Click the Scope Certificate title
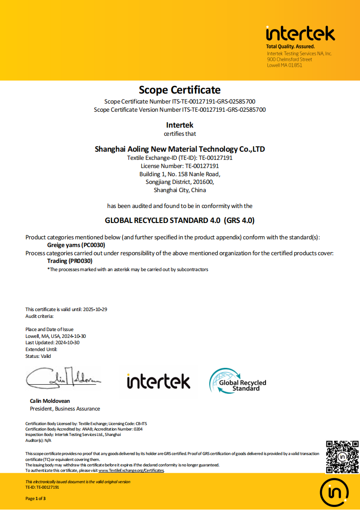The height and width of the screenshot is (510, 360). coord(180,90)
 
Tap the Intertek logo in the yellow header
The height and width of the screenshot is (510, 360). coord(300,34)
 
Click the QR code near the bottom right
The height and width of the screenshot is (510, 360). coord(342,457)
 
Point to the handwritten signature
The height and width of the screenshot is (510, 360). coord(63,377)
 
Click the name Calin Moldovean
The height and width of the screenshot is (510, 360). coord(50,401)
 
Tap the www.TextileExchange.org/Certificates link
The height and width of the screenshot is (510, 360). coord(131,470)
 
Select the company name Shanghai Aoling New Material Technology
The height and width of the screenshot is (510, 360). coord(180,149)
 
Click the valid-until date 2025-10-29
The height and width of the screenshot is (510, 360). coord(95,309)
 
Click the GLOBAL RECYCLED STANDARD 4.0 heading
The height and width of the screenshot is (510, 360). coord(180,221)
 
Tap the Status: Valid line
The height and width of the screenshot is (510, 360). coord(38,356)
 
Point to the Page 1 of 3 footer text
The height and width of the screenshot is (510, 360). coord(35,498)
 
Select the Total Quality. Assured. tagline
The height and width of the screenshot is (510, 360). coord(290,47)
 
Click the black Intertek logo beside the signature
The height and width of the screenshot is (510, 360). coord(158,381)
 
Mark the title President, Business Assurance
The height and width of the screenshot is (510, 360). coord(64,409)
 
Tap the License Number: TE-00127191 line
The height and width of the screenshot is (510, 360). coord(180,166)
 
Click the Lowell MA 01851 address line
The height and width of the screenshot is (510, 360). coord(285,65)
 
